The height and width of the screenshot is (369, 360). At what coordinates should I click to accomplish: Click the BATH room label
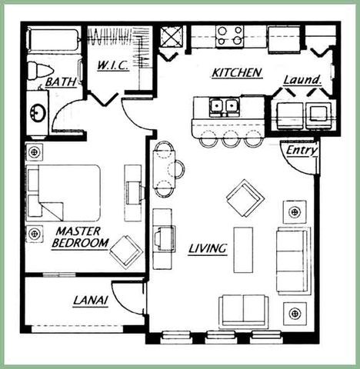coord(60,81)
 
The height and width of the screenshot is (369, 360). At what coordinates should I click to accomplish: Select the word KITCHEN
coord(237,73)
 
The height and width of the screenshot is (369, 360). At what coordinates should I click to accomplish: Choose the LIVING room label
coord(207,248)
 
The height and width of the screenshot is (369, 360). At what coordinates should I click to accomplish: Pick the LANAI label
coord(90,301)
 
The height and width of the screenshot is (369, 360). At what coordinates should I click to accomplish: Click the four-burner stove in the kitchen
coord(229,35)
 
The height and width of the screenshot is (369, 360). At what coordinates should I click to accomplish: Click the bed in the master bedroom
coord(63,192)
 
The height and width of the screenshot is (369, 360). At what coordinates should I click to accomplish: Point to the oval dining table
coord(163,169)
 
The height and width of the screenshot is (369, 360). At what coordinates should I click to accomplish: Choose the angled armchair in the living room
coord(245,198)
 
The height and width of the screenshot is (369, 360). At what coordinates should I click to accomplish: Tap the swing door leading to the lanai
coord(133,298)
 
